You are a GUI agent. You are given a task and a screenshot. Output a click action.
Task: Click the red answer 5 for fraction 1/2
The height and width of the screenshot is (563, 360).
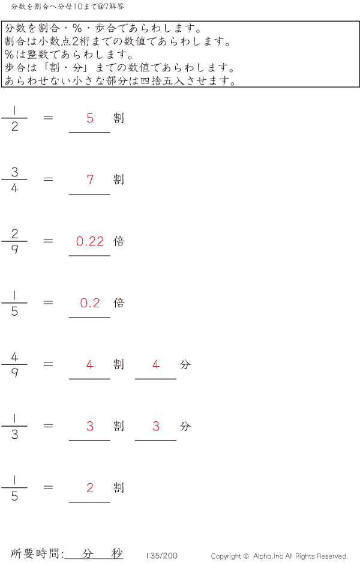click(x=90, y=118)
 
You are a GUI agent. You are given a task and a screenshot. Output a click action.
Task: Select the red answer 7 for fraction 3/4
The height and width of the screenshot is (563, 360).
click(x=90, y=179)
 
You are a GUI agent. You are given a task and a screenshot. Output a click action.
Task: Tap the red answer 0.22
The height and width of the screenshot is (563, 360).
click(x=90, y=241)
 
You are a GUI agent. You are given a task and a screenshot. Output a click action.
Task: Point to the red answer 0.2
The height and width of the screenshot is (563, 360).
click(x=90, y=303)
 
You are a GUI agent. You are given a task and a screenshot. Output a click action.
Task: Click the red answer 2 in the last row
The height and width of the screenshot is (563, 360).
click(x=90, y=488)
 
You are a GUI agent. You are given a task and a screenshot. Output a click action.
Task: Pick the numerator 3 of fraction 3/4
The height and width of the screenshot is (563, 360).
click(x=14, y=172)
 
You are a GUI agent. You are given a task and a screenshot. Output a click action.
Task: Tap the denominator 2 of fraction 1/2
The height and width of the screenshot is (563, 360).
click(x=14, y=127)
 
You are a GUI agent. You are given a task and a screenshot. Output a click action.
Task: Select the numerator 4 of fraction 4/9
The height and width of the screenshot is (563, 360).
click(x=14, y=357)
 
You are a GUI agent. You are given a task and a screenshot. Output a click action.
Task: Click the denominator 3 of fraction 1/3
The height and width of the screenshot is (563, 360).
click(x=14, y=435)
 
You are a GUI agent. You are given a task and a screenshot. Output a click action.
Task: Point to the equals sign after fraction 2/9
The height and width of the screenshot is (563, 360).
click(x=49, y=241)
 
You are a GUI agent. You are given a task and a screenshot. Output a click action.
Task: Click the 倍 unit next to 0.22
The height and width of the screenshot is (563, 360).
click(x=119, y=241)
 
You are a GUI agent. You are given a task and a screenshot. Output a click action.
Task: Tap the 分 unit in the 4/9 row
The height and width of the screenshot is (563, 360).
click(x=185, y=364)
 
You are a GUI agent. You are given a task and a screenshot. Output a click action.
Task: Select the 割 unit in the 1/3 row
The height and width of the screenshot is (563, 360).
click(x=119, y=426)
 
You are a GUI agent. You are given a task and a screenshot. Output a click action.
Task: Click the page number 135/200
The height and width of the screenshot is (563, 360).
click(x=162, y=556)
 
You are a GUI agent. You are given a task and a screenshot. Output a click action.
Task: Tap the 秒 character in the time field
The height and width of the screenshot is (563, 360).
click(x=116, y=554)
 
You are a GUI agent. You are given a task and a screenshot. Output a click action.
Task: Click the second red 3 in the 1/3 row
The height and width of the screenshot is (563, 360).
click(x=156, y=426)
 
